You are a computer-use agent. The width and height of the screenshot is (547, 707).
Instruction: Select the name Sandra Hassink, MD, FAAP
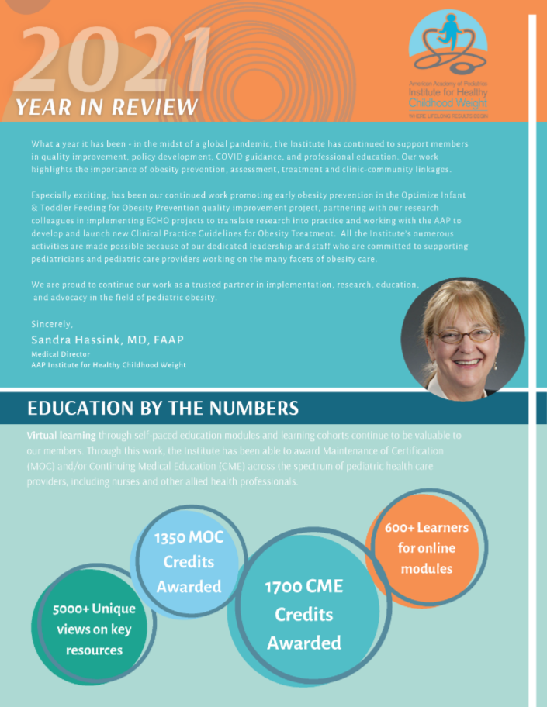tap(108, 340)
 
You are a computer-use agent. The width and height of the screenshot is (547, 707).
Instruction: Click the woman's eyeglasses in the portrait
tap(464, 336)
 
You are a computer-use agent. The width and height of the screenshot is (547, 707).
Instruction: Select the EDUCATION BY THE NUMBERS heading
tap(163, 408)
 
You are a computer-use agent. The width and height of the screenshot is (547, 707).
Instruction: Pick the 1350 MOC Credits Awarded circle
tap(189, 562)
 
